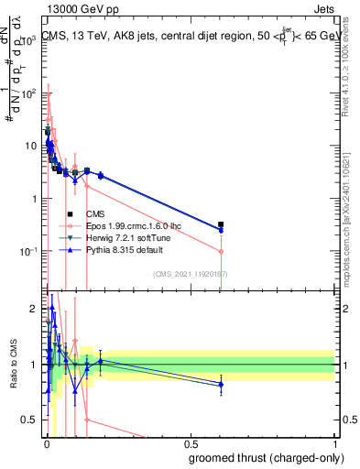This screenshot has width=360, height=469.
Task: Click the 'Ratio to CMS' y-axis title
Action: click(x=12, y=365)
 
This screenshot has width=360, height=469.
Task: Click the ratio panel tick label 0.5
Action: click(x=29, y=420)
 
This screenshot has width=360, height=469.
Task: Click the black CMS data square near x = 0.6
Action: click(x=221, y=224)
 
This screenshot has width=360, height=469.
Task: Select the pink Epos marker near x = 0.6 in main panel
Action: click(x=221, y=251)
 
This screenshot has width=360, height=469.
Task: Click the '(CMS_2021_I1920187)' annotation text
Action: click(x=190, y=274)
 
